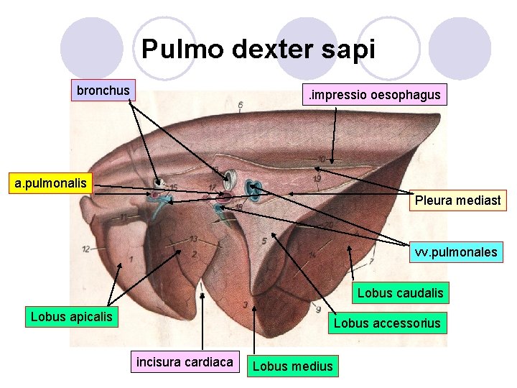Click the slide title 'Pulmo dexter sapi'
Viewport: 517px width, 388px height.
tap(258, 49)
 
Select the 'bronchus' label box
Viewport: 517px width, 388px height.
tap(103, 90)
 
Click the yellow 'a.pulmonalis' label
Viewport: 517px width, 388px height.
tap(51, 183)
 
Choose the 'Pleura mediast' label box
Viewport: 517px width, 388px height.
tap(457, 200)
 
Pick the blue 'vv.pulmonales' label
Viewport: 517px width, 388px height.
tap(455, 252)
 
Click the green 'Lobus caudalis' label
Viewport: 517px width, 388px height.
tap(401, 293)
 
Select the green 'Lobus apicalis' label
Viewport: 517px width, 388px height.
tap(71, 316)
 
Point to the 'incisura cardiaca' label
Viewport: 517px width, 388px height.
tap(185, 362)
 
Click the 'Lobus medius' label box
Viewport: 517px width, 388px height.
tap(293, 366)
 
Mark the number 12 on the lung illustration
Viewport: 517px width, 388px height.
tap(86, 249)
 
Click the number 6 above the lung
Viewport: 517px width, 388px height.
tap(241, 106)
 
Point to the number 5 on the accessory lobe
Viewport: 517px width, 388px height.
tap(264, 241)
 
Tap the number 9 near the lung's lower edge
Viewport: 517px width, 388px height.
tap(317, 309)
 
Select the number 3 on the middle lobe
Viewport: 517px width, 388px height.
tap(246, 305)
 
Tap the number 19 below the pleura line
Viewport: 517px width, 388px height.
tap(316, 178)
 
